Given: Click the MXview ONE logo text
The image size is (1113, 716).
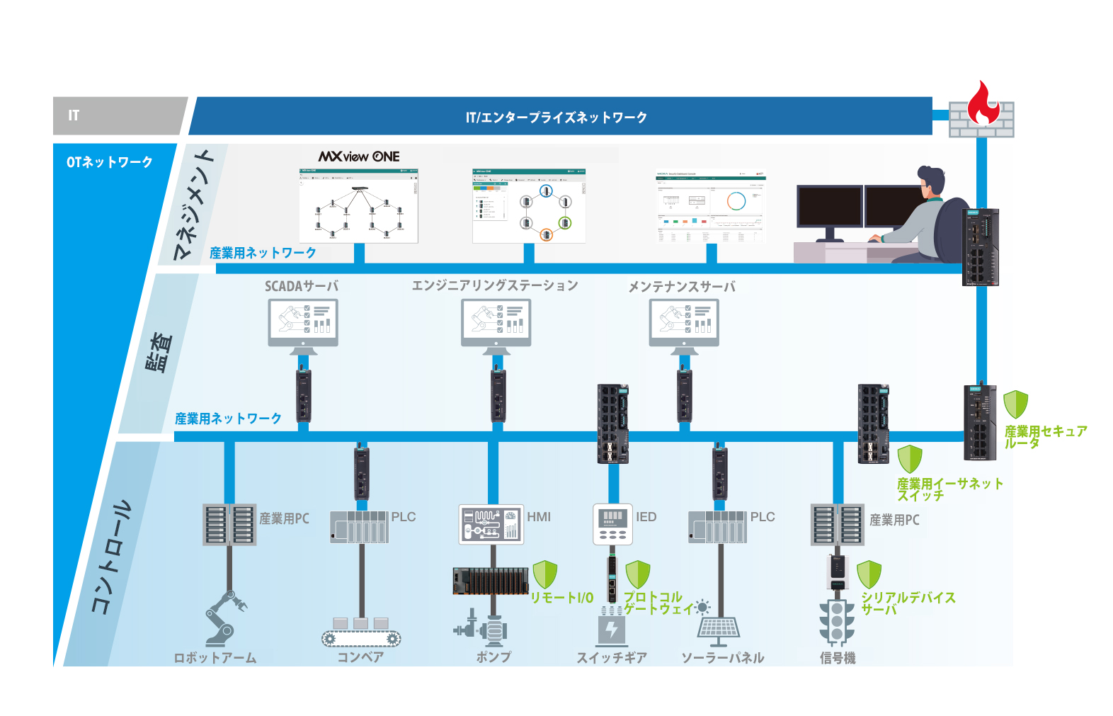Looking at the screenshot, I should click(359, 157).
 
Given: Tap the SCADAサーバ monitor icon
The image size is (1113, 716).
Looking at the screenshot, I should click(303, 323).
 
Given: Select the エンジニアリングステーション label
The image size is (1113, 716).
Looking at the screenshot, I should click(495, 285).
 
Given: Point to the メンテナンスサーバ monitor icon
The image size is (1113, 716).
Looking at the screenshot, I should click(684, 323).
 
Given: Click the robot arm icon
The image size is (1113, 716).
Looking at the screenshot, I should click(225, 618).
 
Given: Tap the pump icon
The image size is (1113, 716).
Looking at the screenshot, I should click(482, 627).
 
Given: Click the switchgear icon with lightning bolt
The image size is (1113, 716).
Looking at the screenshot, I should click(612, 627).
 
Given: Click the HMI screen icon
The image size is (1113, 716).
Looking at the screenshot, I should click(491, 525).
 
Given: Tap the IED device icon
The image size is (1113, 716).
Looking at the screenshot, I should click(612, 525).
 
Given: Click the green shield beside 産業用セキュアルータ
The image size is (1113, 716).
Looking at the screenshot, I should click(1016, 404).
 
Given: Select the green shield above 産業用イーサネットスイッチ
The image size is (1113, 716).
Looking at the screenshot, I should click(910, 459).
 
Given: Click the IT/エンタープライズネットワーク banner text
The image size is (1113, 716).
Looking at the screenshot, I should click(556, 118).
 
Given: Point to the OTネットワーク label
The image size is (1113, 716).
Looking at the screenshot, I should click(110, 162).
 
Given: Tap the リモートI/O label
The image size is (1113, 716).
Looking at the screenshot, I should click(562, 598).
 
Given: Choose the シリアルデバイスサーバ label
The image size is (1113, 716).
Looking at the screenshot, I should click(908, 603).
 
